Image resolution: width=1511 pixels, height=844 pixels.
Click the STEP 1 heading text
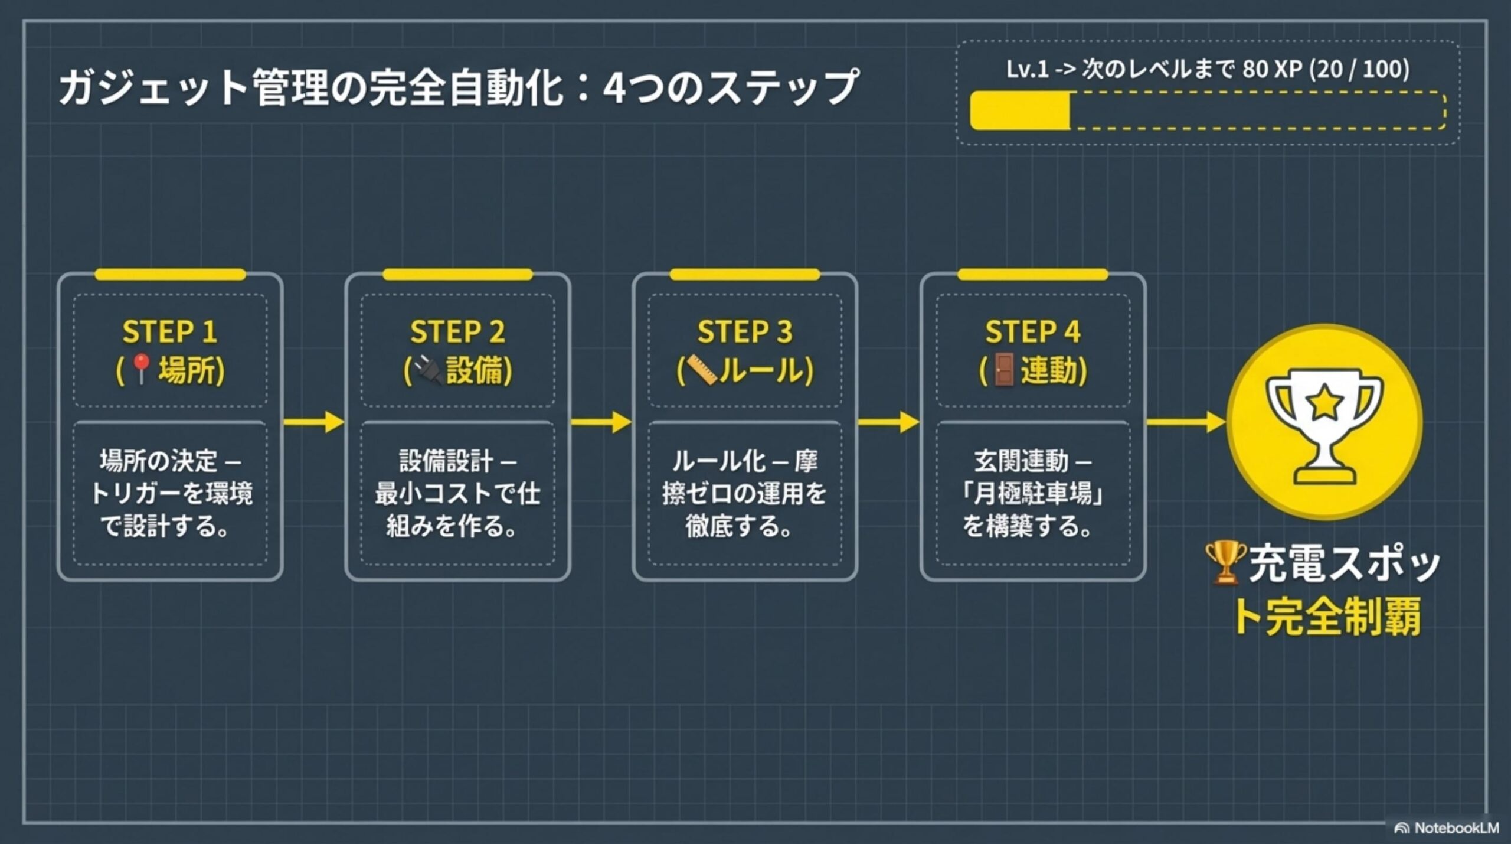170,331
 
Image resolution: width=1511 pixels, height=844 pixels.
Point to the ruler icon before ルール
701,371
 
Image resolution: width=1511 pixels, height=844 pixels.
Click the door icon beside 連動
1002,371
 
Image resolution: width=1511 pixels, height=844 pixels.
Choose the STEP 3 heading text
745,331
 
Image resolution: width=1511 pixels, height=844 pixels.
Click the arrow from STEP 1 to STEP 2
313,422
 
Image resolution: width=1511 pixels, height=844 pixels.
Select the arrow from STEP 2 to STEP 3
601,422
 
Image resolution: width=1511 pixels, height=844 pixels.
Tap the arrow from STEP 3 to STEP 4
888,422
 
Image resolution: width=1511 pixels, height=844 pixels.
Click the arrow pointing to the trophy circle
1185,422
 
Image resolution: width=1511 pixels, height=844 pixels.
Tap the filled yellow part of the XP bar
1020,110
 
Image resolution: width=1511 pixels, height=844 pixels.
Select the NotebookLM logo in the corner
1447,828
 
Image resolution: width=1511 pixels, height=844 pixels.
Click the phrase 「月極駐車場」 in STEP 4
1033,493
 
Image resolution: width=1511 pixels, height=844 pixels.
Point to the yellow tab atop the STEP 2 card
457,275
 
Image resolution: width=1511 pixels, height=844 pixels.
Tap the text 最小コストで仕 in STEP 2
457,493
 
